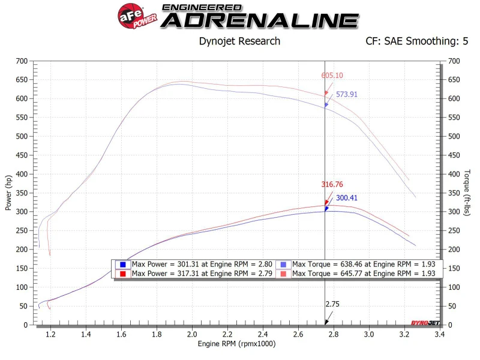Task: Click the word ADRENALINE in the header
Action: pyautogui.click(x=260, y=20)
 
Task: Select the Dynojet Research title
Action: pyautogui.click(x=239, y=41)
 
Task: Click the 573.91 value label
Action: pyautogui.click(x=347, y=94)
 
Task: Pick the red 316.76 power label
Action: pyautogui.click(x=332, y=185)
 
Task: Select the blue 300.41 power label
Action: pyautogui.click(x=347, y=197)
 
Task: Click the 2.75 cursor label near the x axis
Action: pyautogui.click(x=332, y=304)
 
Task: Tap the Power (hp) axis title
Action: pyautogui.click(x=8, y=193)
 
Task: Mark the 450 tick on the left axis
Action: pyautogui.click(x=22, y=155)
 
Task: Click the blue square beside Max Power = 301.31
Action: pyautogui.click(x=122, y=265)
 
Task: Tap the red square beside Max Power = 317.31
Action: pyautogui.click(x=122, y=274)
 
